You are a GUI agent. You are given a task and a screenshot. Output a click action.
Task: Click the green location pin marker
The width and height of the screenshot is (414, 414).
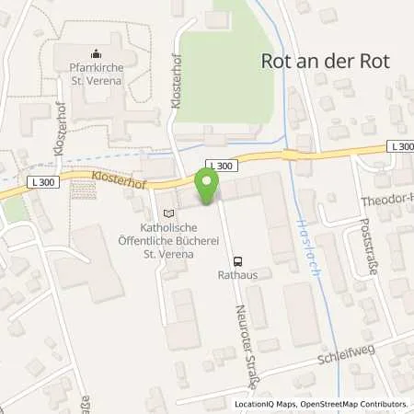[x=207, y=188]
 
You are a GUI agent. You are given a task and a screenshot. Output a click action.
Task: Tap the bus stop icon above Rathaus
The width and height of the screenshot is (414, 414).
[x=239, y=260]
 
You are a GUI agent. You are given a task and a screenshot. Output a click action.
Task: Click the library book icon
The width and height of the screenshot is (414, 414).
[x=167, y=213]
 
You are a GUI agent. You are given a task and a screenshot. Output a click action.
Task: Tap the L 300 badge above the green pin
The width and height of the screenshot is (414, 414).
[x=224, y=166]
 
